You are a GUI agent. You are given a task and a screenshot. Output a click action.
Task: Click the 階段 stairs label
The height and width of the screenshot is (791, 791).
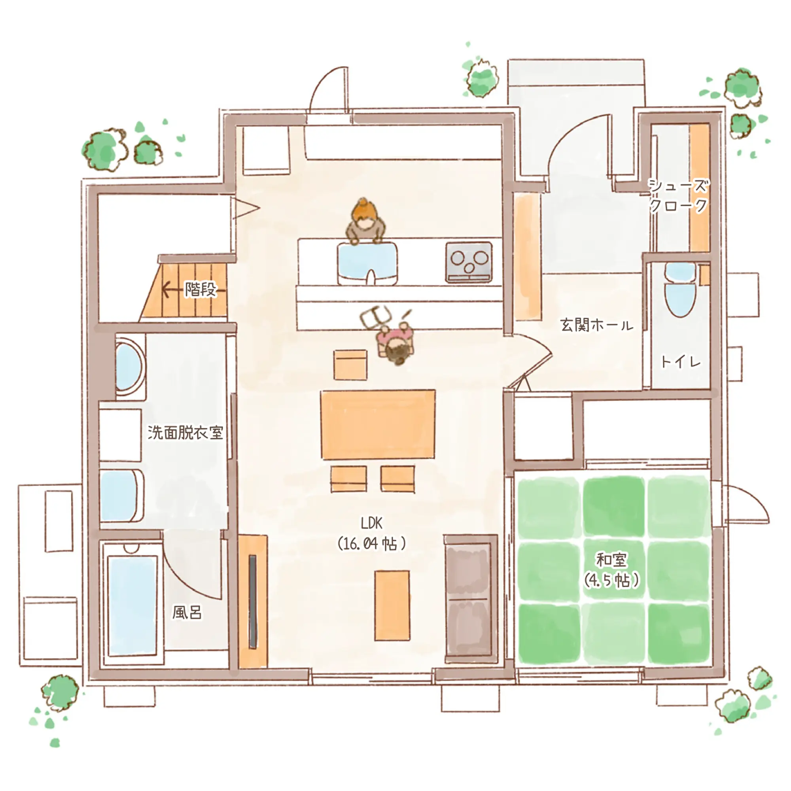(200, 290)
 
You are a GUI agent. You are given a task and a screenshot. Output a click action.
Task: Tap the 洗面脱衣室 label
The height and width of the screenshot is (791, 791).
(185, 432)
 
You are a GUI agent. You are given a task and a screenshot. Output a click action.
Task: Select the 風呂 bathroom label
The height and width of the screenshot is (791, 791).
(187, 613)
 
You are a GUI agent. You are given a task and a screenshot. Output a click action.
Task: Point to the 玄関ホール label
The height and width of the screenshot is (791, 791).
(596, 325)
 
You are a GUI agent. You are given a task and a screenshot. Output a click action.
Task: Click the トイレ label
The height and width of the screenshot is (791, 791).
(680, 361)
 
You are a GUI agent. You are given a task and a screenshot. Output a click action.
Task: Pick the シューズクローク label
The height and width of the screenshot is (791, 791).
(678, 195)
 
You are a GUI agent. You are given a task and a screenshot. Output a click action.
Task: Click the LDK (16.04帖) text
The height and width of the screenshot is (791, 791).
(371, 534)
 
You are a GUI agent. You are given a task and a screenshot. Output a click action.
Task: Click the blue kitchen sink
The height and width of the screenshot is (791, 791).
(367, 263)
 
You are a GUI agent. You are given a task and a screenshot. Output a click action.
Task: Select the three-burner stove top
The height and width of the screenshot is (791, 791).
(469, 262)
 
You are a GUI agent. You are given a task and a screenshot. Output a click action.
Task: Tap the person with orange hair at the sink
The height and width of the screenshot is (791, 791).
(365, 221)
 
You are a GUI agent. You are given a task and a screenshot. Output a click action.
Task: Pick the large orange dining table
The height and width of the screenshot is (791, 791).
(378, 424)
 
